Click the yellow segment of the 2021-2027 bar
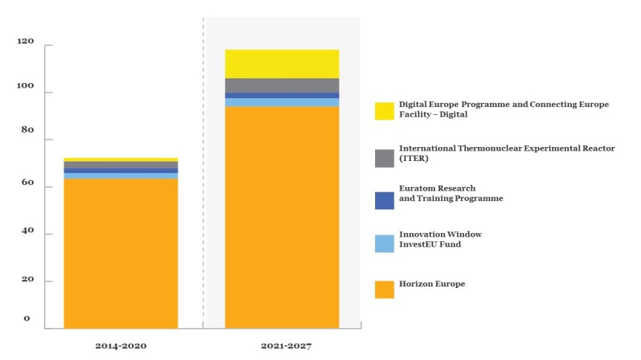[x=282, y=64]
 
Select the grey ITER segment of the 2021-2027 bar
[x=282, y=85]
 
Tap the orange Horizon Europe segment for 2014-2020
[x=120, y=252]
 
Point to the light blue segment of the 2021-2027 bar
[x=282, y=102]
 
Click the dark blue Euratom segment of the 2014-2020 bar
[x=120, y=171]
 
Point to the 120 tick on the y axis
[x=25, y=42]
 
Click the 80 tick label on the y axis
[x=27, y=130]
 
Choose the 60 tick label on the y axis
[x=27, y=183]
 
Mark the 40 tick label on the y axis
[x=27, y=230]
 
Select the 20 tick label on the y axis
[x=27, y=279]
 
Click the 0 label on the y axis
[x=27, y=318]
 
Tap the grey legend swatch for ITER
[x=384, y=157]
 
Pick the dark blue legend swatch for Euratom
[x=384, y=200]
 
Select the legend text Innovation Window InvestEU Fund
[x=440, y=239]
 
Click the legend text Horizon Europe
[x=432, y=284]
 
